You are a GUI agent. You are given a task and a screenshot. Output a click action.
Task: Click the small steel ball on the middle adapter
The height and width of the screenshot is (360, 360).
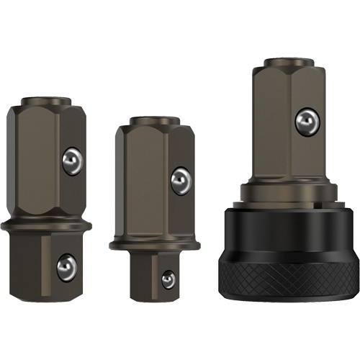coord(168,279)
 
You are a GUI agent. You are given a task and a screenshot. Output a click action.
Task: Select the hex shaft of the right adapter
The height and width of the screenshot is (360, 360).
coord(274,130)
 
